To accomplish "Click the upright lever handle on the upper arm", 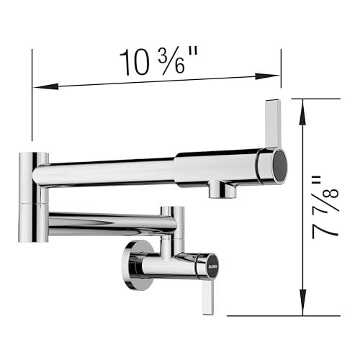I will pos(273,122).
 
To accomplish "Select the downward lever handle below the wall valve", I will pos(207,296).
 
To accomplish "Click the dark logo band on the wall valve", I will pos(205,265).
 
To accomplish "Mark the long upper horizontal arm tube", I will pos(108,171).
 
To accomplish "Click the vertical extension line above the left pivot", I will pos(32,94).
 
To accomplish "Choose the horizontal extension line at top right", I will pos(320,99).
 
